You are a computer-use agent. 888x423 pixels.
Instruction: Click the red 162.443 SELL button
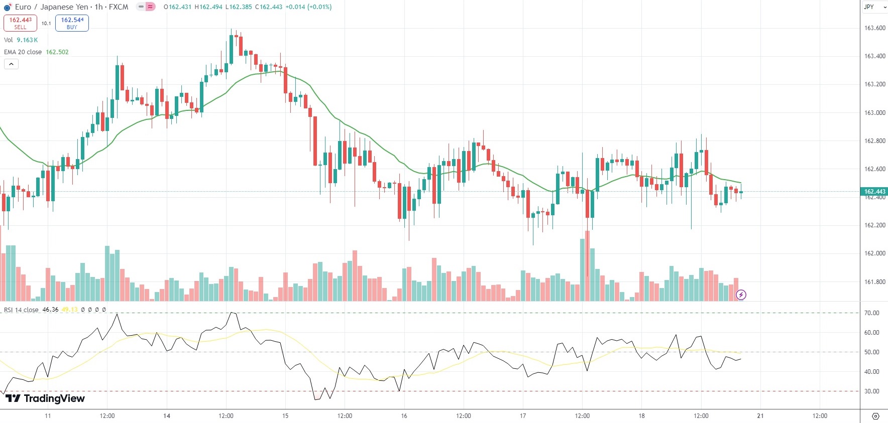[x=20, y=23]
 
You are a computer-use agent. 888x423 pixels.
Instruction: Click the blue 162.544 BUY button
[x=72, y=23]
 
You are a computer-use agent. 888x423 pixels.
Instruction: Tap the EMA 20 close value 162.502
[x=57, y=52]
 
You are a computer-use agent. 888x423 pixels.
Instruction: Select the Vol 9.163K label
[x=21, y=40]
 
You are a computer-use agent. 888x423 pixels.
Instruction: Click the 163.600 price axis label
[x=874, y=28]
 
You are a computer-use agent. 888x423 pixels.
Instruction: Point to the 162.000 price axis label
[x=874, y=253]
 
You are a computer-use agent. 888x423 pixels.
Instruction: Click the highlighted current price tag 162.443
[x=874, y=191]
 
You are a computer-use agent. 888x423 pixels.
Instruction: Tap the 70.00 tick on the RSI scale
[x=871, y=313]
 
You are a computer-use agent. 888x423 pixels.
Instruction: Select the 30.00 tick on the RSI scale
[x=871, y=391]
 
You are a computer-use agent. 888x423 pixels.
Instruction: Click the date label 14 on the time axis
[x=167, y=416]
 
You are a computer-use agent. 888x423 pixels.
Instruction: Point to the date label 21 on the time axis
[x=760, y=416]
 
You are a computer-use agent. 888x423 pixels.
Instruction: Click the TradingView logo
[x=45, y=398]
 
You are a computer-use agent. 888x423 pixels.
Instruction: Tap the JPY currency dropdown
[x=874, y=7]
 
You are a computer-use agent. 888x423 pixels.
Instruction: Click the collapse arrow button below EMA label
[x=11, y=64]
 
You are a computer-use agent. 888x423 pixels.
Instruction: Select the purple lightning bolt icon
[x=741, y=295]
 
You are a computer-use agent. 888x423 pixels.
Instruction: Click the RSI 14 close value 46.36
[x=50, y=310]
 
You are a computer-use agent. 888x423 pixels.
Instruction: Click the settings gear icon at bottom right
[x=875, y=416]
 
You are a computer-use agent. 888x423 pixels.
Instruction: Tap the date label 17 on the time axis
[x=523, y=416]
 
